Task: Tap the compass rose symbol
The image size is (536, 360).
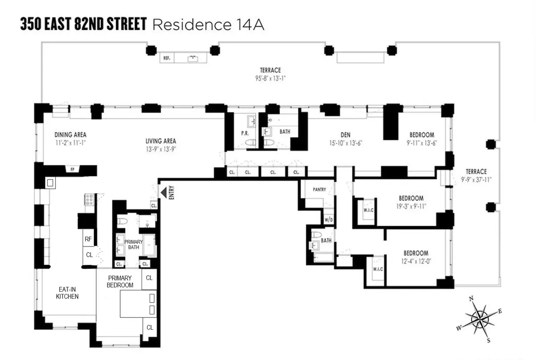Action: [479, 319]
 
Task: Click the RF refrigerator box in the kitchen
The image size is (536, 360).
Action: [88, 239]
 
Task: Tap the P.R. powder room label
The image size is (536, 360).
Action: [245, 134]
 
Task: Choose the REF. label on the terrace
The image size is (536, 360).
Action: [167, 58]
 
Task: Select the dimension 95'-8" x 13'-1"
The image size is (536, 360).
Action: [271, 78]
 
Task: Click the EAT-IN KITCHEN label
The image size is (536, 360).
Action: [67, 292]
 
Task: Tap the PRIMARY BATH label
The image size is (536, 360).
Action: [133, 244]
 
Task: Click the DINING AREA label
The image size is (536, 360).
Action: [71, 134]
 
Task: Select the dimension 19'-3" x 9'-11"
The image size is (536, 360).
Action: [411, 206]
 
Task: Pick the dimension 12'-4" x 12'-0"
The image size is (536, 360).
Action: [416, 261]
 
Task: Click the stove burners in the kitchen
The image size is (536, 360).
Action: [89, 199]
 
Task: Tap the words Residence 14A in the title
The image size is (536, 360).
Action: [208, 25]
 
